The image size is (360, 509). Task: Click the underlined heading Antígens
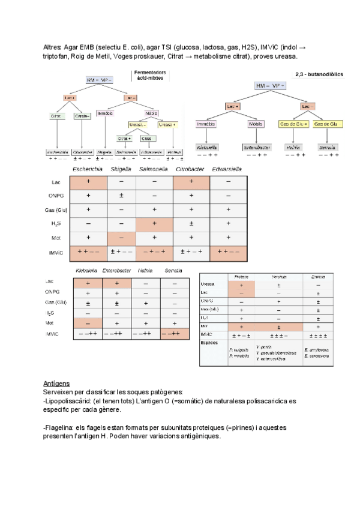coord(57,382)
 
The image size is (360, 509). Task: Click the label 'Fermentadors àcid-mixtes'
coord(150,75)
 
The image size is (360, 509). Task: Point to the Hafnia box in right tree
coord(293,146)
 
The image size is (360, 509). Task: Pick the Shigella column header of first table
coord(122,169)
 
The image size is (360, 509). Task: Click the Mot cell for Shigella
coord(122,238)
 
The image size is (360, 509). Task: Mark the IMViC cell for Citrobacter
coord(191,253)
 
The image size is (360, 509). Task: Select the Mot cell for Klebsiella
coord(88,324)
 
